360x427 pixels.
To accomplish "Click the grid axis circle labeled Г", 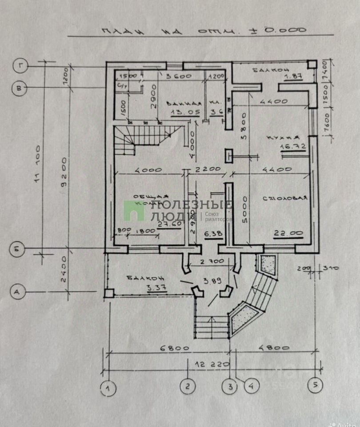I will pyautogui.click(x=20, y=66).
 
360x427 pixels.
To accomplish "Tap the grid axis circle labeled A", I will pyautogui.click(x=17, y=292).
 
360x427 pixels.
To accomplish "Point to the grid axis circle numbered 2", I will pyautogui.click(x=188, y=386).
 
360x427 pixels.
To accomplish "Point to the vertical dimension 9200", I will pyautogui.click(x=65, y=173).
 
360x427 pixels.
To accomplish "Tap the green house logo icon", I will pyautogui.click(x=134, y=210).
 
